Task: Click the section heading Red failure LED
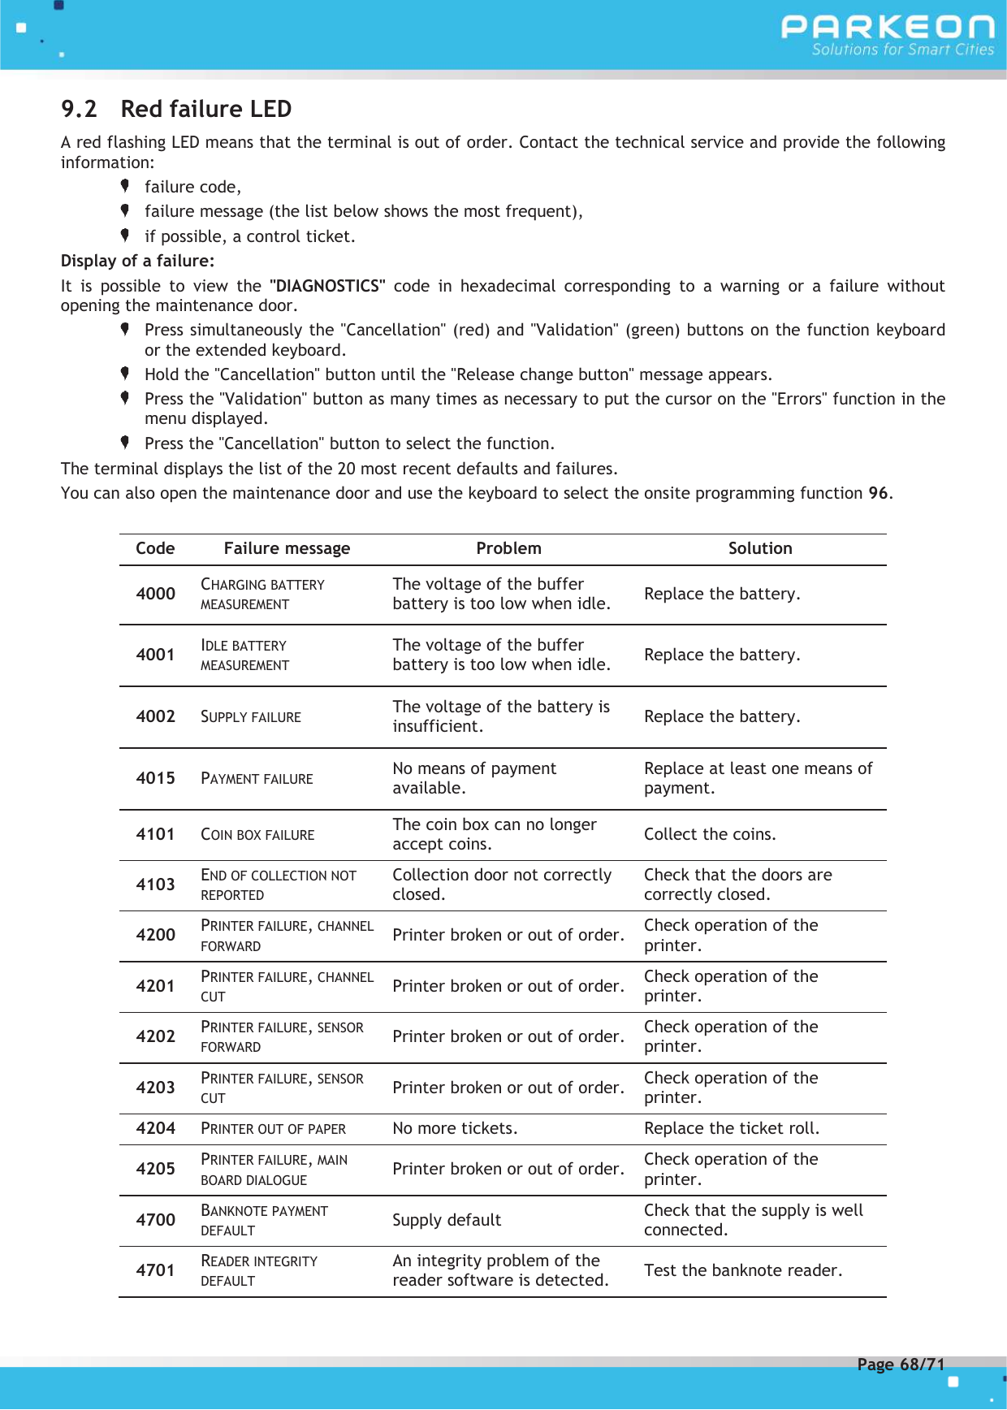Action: tap(205, 109)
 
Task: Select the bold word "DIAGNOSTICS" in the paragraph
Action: tap(326, 286)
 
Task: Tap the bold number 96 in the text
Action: tap(878, 493)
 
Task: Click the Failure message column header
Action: tap(287, 548)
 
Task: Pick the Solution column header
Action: tap(759, 548)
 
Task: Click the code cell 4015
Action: tap(155, 778)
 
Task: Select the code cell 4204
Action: tap(155, 1128)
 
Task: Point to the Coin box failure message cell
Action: tap(257, 835)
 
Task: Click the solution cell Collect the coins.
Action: tap(710, 834)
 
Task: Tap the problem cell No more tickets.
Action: tap(455, 1128)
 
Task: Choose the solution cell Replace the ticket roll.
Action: tap(731, 1128)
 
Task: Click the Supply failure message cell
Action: tap(251, 717)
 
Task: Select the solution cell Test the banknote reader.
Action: tap(742, 1270)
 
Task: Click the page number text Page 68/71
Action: tap(901, 1365)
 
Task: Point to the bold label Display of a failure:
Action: tap(137, 261)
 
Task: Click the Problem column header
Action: tap(508, 548)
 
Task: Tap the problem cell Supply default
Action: tap(447, 1220)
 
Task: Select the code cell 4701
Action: tap(155, 1270)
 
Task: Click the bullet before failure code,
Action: tap(125, 186)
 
